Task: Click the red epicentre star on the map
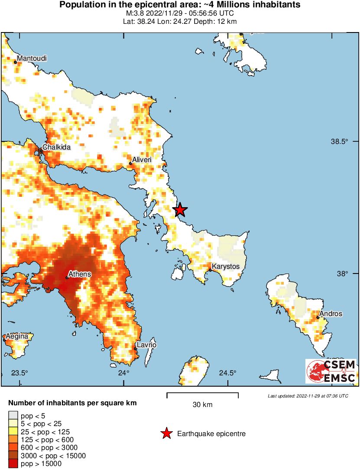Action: (180, 210)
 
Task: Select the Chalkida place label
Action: (56, 147)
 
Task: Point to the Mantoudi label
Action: (32, 59)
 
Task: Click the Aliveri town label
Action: (143, 160)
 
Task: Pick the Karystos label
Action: (225, 267)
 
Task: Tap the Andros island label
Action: (331, 314)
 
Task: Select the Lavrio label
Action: (146, 345)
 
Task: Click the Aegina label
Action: (17, 336)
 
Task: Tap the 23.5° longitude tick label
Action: (19, 373)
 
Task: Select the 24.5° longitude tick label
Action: (227, 373)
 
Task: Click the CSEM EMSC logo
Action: (331, 371)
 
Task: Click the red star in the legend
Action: (166, 433)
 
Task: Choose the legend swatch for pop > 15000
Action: (13, 464)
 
